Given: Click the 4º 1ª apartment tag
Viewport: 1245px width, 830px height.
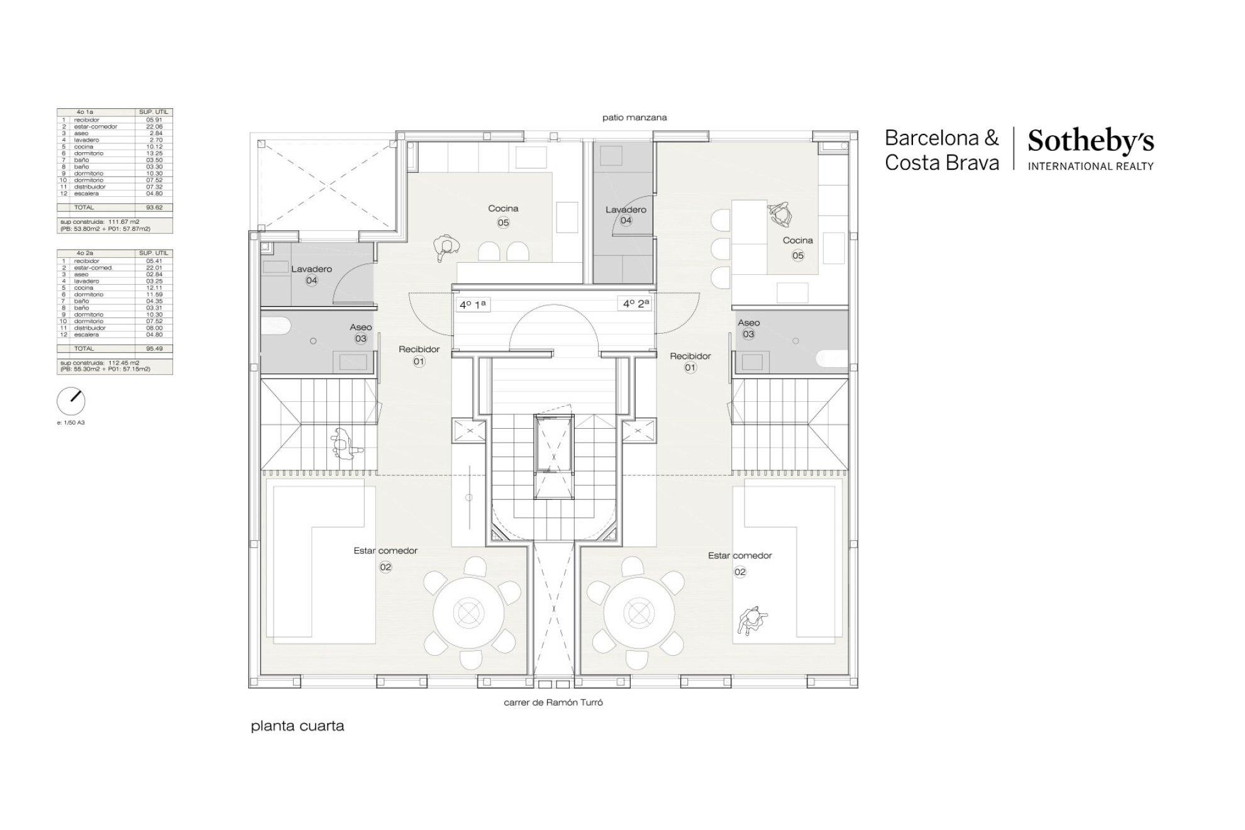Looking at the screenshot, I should point(472,305).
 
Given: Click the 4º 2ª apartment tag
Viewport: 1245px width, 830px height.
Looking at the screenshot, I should point(636,304).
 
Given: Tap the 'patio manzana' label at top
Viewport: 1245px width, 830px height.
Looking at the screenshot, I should point(634,118).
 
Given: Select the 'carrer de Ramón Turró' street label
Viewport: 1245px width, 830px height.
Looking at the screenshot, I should point(553,702).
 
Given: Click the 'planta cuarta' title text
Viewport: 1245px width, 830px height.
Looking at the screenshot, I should point(297,726).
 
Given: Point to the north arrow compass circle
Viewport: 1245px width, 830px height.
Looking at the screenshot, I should point(71,401).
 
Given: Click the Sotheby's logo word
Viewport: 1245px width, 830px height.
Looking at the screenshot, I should point(1090,142).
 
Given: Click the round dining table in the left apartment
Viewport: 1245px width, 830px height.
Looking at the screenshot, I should point(468,612).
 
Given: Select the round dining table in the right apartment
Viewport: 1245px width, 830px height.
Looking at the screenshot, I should point(639,612).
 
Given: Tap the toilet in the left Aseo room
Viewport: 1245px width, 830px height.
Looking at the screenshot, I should point(276,326).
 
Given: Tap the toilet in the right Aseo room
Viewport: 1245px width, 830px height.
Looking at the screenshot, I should point(832,358).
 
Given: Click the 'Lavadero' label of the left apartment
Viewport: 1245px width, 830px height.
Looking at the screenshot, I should point(311,269).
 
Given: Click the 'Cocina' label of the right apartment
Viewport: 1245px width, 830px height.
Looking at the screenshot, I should point(797,240).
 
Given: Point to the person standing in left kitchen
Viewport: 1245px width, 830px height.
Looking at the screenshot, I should point(446,247).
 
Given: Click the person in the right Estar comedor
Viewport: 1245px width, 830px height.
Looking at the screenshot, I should point(752,621).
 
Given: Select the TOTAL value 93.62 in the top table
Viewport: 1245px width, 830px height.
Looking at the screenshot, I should point(154,207).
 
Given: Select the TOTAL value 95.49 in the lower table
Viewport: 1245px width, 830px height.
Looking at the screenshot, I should point(154,348).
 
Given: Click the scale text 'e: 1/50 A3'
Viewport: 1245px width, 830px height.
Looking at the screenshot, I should point(70,423).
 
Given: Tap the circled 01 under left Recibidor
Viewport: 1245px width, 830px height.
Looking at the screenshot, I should point(419,362).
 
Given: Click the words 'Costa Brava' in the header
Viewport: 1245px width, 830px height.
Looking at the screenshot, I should point(941,163).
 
